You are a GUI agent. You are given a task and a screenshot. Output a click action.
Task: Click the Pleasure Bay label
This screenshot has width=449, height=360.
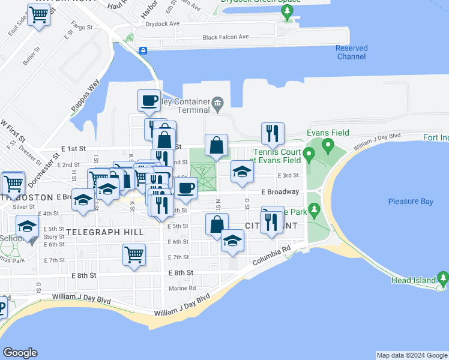click(411, 202)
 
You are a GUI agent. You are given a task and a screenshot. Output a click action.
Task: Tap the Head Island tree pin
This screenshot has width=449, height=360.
click(443, 278)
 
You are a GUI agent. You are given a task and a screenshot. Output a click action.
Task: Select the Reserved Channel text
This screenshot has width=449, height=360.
click(351, 52)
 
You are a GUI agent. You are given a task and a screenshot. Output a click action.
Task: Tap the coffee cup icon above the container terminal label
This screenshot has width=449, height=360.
click(149, 101)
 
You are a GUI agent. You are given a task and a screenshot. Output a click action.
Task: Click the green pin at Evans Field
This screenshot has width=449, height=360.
click(328, 145)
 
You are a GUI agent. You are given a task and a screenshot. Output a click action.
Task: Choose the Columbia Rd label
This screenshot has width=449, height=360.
click(271, 255)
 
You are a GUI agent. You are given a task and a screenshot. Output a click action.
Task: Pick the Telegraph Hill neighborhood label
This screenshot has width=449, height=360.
click(105, 232)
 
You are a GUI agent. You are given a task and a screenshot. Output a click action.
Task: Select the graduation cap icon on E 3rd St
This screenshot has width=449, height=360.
click(242, 172)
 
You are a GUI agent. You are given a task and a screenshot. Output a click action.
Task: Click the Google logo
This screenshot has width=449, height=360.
click(20, 353)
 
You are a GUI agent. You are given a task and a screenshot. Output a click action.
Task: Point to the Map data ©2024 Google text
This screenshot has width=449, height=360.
click(412, 355)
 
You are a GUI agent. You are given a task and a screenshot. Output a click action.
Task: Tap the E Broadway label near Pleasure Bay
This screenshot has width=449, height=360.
click(280, 192)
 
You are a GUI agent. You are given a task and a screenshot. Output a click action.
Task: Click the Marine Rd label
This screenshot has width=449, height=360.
click(182, 288)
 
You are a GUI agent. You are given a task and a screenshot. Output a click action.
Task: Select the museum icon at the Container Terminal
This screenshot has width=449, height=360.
click(218, 105)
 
